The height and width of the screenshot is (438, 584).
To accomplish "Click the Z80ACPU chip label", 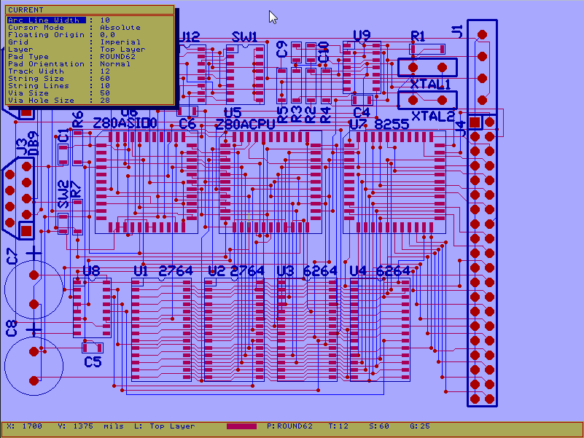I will coord(245,125).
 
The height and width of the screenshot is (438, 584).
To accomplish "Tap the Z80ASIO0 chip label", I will coord(125,124).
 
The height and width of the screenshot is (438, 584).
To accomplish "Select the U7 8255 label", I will coord(378,125).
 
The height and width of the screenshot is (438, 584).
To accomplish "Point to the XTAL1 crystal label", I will coord(431,85).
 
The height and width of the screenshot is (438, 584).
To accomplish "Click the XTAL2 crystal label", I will coord(433,116).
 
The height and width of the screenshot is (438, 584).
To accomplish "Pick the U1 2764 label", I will coord(163,271).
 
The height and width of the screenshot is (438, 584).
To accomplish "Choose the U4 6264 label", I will coord(379,271).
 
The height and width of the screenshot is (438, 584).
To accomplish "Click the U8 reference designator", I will coord(91,270).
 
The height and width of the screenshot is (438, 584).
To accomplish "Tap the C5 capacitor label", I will coord(93,361).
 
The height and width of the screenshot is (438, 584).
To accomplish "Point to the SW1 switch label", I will coord(244,36).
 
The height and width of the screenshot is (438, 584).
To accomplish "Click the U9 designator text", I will coord(362,35).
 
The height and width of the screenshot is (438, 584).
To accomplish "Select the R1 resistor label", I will coord(418,35).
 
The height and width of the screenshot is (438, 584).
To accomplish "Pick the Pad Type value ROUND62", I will coord(117,57).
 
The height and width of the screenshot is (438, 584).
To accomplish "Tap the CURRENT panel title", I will coord(26,9).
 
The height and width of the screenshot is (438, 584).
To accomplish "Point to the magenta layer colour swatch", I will coord(241,426).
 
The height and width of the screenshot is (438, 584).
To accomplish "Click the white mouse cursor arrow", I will coord(273,17).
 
